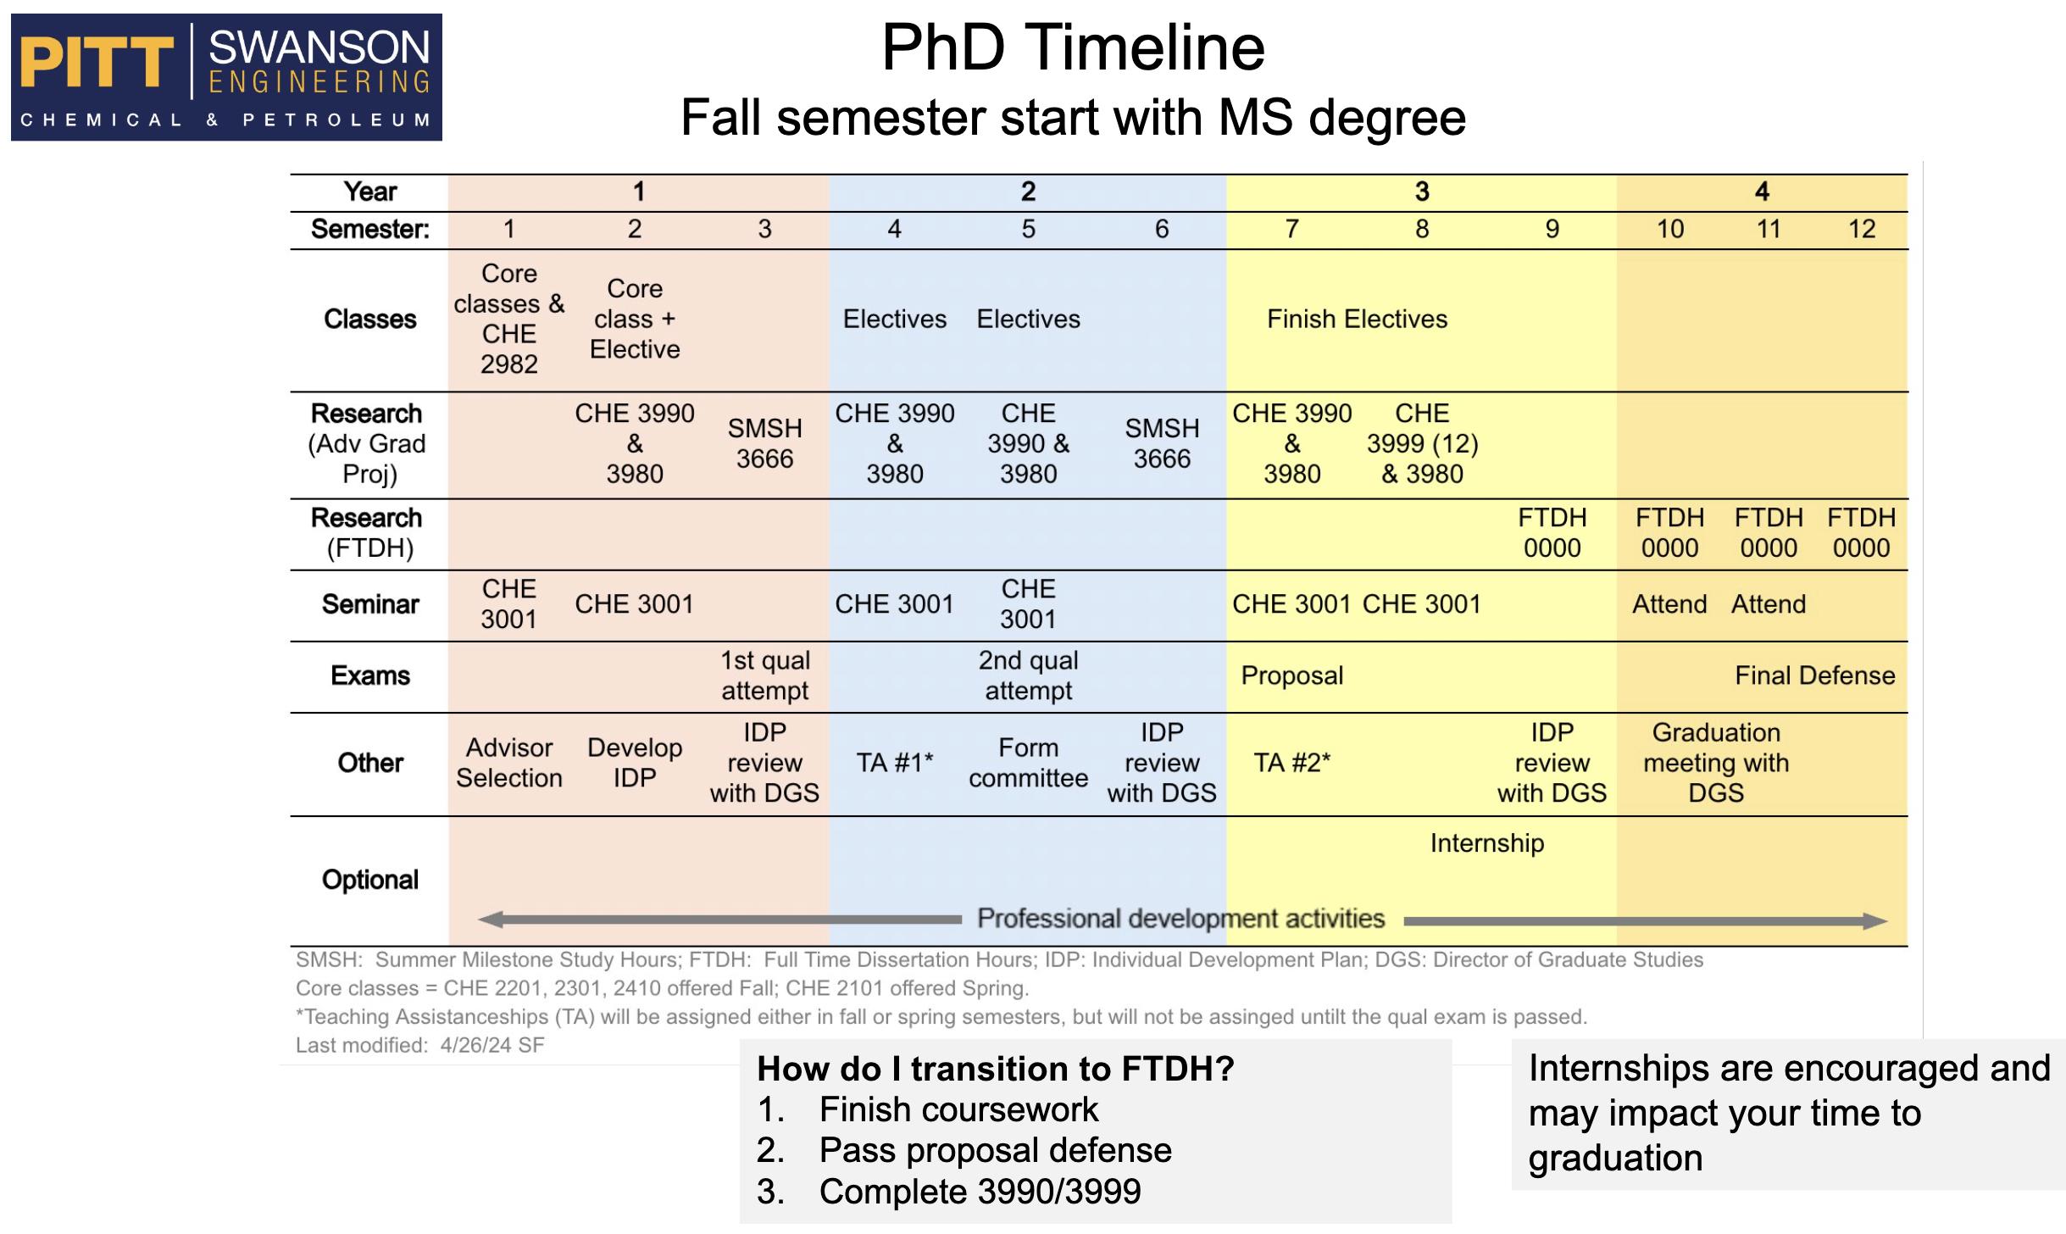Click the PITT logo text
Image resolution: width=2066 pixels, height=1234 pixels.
coord(96,64)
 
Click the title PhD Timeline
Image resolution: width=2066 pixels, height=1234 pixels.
coord(1073,47)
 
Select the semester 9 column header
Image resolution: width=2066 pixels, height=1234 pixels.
coord(1552,229)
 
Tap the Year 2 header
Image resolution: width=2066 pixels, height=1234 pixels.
coord(1028,192)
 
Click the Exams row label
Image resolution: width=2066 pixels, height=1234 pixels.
coord(370,675)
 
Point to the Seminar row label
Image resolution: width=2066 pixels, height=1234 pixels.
coord(370,604)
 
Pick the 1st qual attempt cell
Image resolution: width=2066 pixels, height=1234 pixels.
coord(764,675)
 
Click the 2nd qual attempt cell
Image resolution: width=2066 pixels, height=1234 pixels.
coord(1028,675)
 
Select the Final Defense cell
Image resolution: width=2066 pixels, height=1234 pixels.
coord(1814,675)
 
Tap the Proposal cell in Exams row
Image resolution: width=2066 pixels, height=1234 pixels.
coord(1291,675)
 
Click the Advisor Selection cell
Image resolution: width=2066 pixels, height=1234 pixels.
coord(508,763)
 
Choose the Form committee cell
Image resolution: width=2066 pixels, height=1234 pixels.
coord(1028,763)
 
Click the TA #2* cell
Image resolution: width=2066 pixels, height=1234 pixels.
coord(1291,763)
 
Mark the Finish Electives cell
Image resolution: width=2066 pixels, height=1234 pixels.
coord(1357,320)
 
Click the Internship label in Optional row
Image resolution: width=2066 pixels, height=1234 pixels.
coord(1486,843)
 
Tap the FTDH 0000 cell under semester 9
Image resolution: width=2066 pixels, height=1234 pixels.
coord(1552,533)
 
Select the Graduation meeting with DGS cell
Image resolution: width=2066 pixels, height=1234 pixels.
coord(1716,763)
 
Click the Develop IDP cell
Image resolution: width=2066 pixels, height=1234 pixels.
coord(634,763)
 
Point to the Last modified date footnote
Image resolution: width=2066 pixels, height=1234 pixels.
coord(419,1045)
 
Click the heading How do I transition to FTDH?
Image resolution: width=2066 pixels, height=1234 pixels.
coord(995,1069)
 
